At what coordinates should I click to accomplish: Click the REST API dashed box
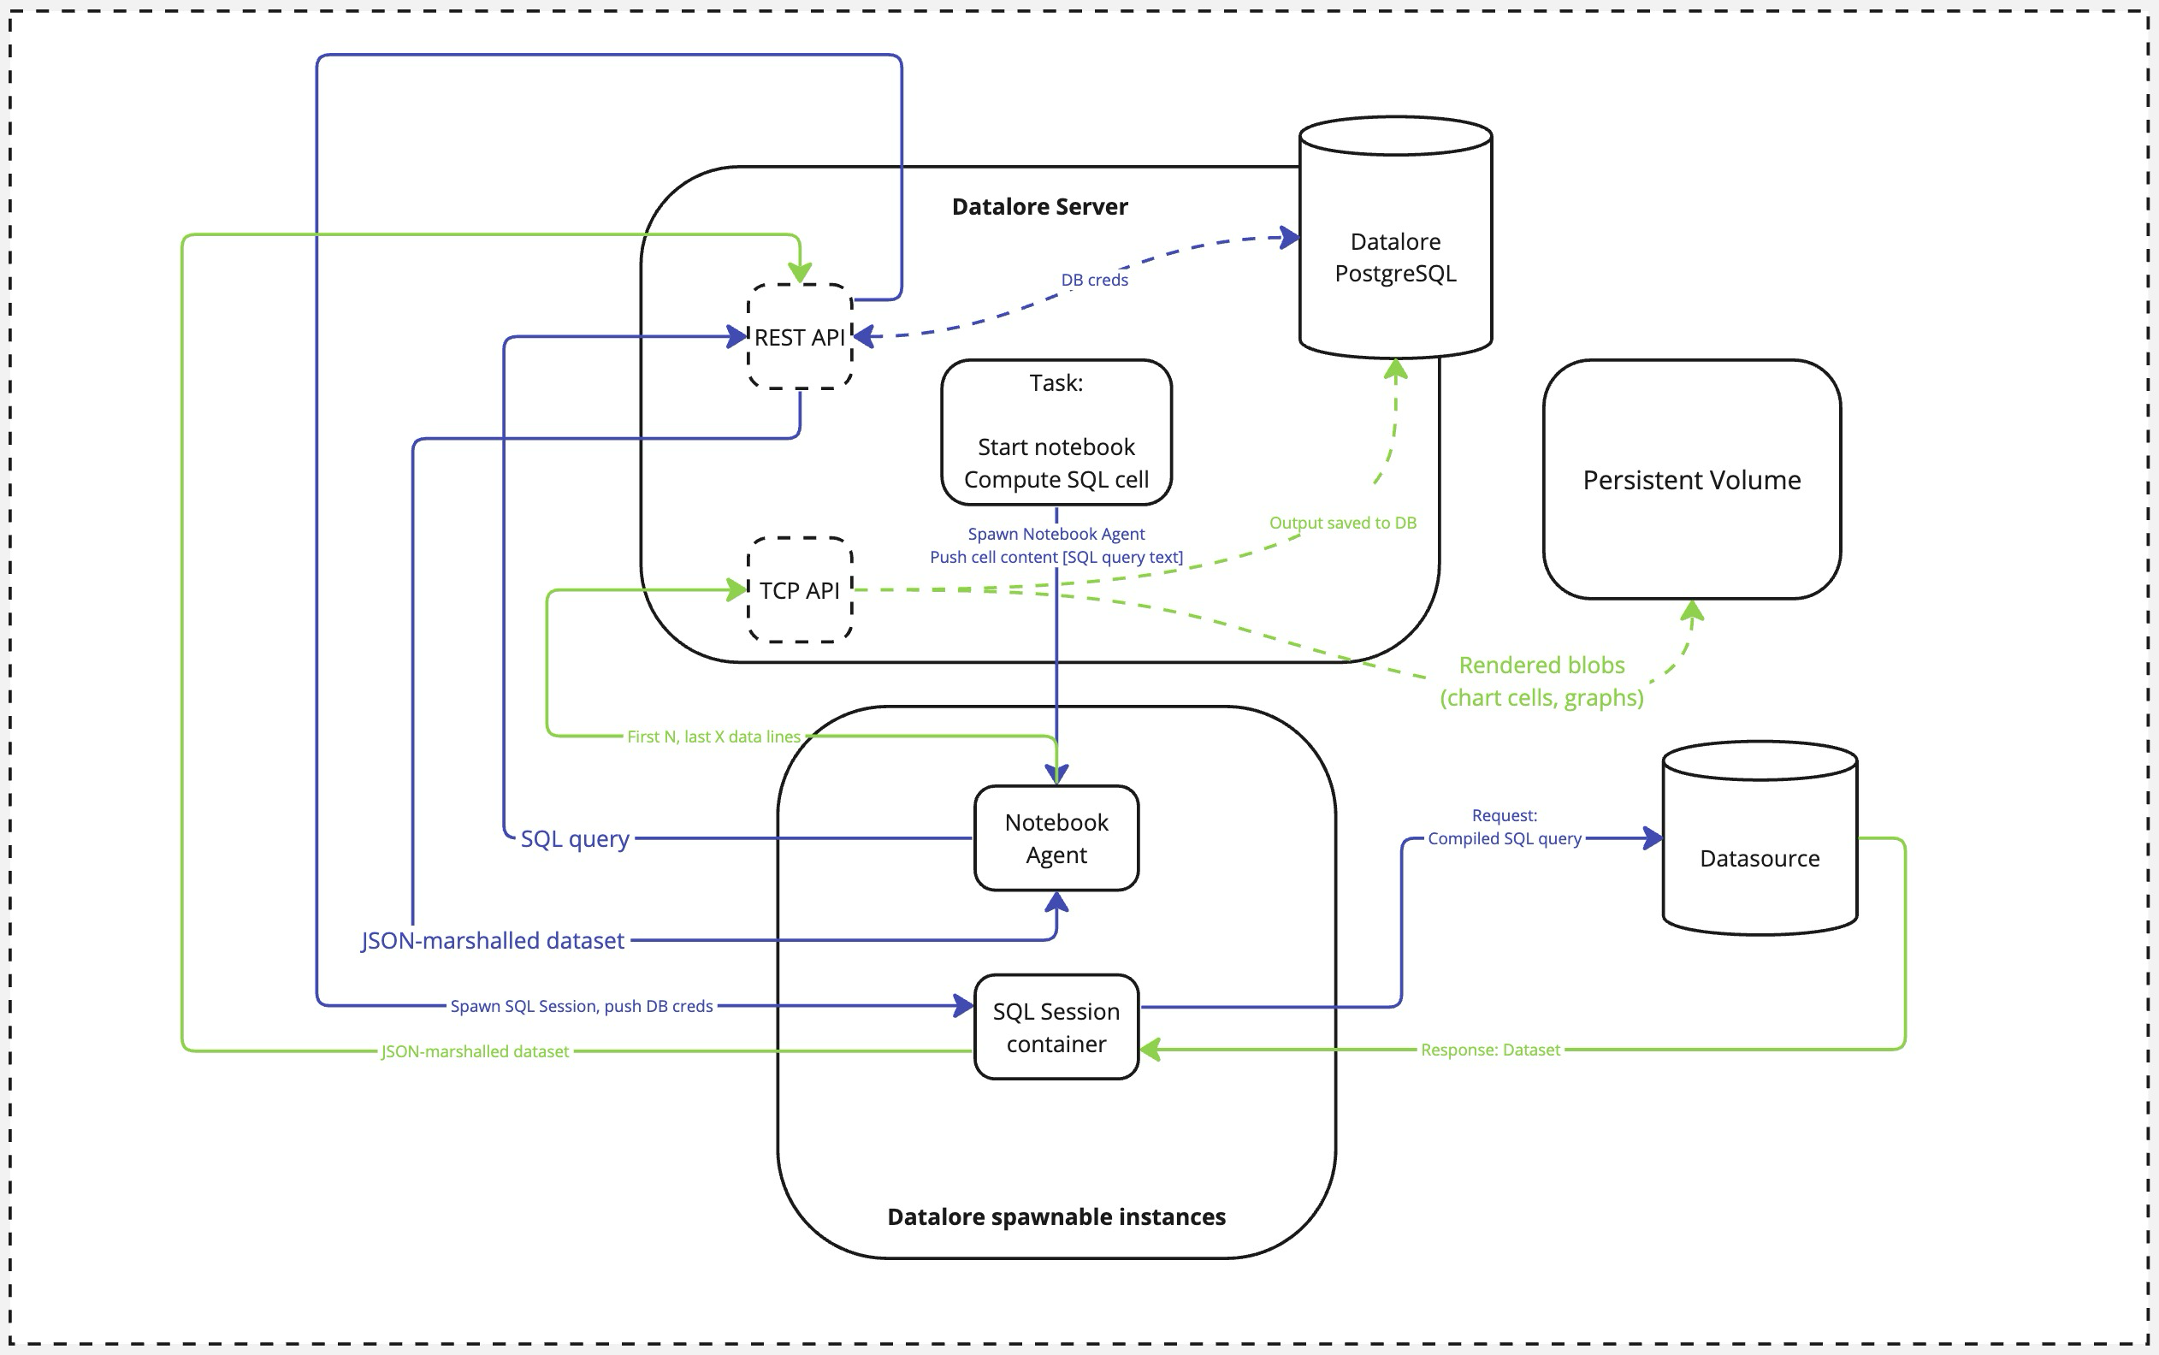coord(799,337)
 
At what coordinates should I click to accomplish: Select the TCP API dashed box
coord(799,589)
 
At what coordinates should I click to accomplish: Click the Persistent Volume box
coord(1691,479)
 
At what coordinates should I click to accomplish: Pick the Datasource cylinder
coord(1760,858)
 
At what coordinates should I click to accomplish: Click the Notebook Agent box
coord(1056,838)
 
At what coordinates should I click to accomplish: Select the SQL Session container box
coord(1056,1027)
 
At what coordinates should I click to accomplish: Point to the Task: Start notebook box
coord(1056,432)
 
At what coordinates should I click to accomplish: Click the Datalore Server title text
coord(1039,207)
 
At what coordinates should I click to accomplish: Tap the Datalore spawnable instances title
coord(1056,1217)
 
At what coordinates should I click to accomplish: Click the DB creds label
coord(1094,280)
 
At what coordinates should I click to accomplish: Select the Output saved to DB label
coord(1342,523)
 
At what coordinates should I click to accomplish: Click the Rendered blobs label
coord(1541,681)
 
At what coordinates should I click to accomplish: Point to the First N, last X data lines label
coord(713,737)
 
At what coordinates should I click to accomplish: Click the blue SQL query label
coord(574,839)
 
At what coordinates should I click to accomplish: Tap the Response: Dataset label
coord(1490,1050)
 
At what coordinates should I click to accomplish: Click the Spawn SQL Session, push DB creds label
coord(581,1005)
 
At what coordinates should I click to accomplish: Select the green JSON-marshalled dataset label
coord(475,1051)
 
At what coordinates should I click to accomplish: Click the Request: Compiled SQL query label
coord(1504,827)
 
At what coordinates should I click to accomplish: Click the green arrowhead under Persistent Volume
coord(1691,612)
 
